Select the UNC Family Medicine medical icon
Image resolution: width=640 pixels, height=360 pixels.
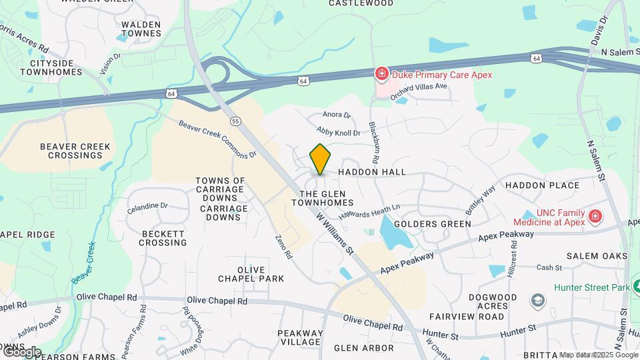[595, 217]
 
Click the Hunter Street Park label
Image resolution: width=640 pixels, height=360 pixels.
[591, 287]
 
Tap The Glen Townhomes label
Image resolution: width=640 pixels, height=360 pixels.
[321, 197]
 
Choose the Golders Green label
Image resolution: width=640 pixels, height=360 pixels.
[432, 224]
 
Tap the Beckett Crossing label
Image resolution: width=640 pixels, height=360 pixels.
[163, 238]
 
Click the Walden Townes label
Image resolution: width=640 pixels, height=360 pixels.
[141, 29]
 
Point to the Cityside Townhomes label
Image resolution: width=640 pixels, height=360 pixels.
[51, 67]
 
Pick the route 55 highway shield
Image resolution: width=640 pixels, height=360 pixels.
[235, 121]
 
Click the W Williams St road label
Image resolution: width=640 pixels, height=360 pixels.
[334, 233]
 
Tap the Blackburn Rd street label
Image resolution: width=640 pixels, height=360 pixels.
[373, 143]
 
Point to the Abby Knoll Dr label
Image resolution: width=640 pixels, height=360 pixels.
[338, 132]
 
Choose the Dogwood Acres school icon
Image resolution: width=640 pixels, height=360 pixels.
[537, 301]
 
